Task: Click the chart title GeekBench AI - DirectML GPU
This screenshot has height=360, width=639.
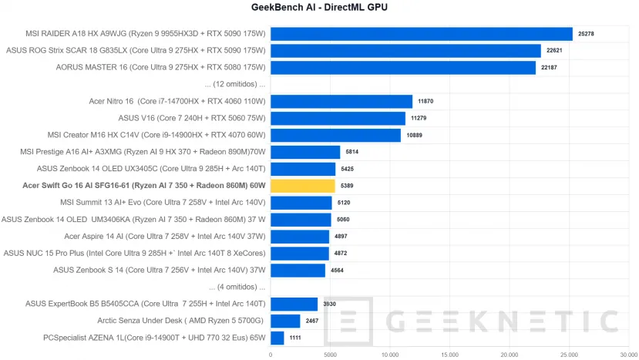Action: tap(319, 8)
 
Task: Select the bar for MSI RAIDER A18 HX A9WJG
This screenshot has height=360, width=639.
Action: tap(421, 34)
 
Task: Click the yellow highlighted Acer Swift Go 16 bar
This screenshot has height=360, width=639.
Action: tap(302, 186)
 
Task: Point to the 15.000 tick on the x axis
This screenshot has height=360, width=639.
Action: tap(449, 355)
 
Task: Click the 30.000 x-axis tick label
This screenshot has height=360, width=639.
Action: tap(628, 355)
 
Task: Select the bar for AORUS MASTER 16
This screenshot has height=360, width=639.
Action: tap(402, 68)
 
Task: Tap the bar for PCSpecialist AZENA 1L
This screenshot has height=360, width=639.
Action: tap(277, 338)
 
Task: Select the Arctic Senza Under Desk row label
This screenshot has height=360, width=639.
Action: tap(180, 321)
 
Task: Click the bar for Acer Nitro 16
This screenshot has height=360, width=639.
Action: tap(341, 101)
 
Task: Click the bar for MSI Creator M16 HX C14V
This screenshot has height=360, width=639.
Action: tap(335, 135)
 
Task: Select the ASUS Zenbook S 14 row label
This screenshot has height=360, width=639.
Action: tap(160, 270)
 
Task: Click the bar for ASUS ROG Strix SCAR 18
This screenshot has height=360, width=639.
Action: tap(405, 51)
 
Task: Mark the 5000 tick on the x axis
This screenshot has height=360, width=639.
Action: tap(330, 355)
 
